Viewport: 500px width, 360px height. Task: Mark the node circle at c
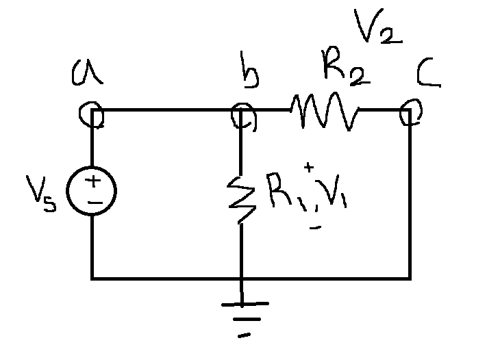(409, 112)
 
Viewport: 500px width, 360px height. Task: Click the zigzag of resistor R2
(323, 111)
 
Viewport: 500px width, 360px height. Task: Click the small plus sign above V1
(309, 166)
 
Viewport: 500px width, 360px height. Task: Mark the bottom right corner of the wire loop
(410, 279)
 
